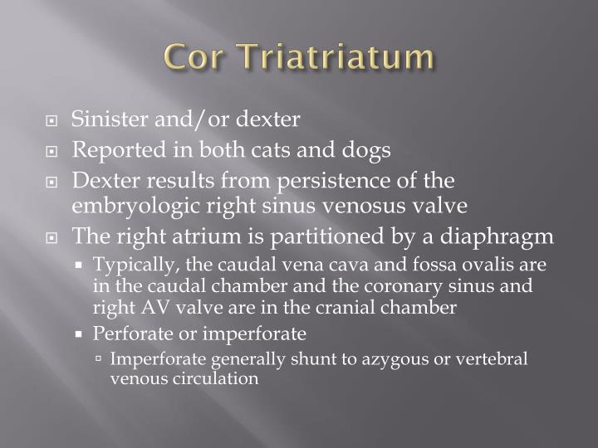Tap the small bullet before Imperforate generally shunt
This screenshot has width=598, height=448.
point(99,360)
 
